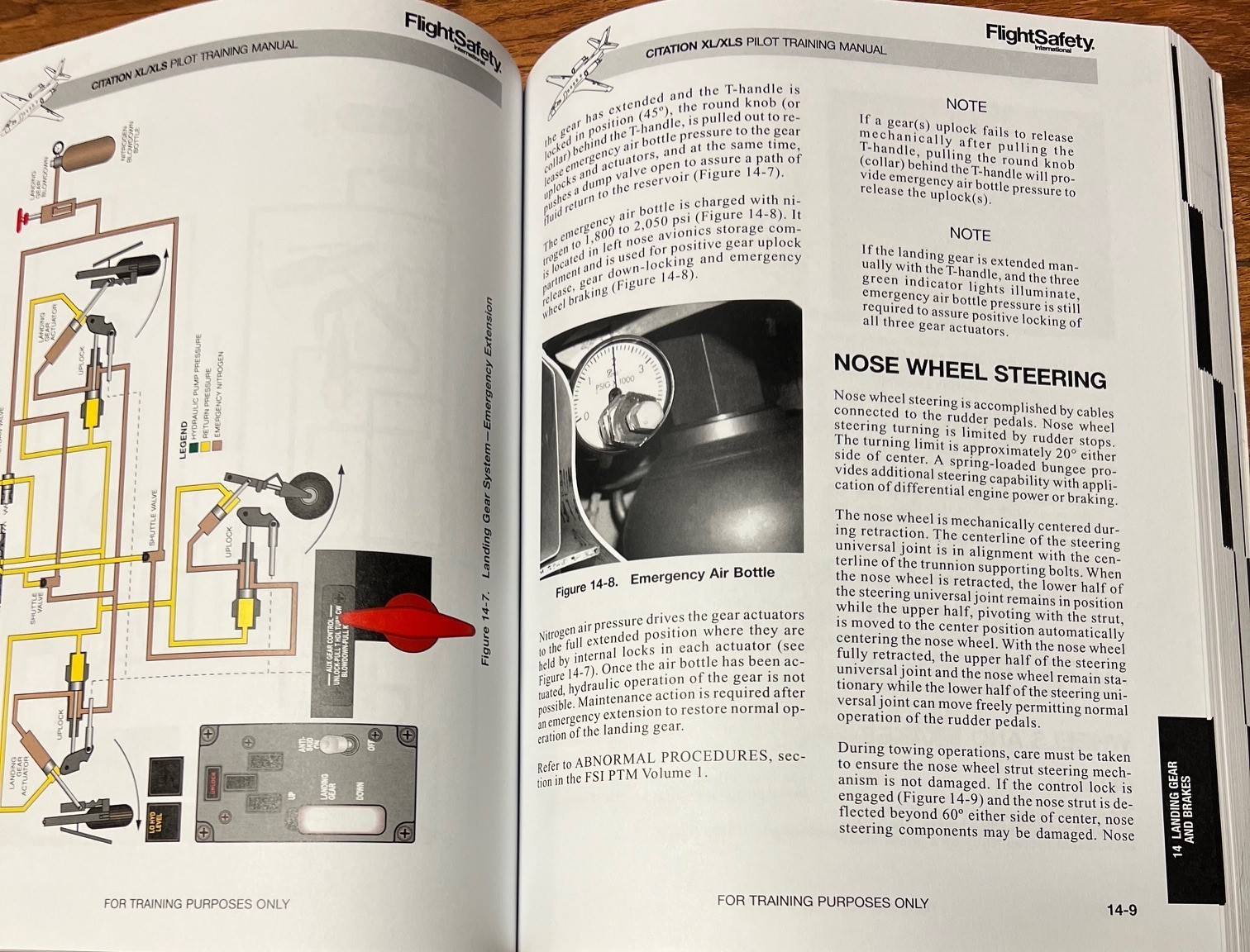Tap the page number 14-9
[1121, 911]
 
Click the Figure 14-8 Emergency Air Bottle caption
[665, 581]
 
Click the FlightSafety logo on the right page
[1039, 36]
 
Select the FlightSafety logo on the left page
[454, 40]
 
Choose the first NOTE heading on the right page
[966, 106]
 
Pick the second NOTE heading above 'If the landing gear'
[970, 234]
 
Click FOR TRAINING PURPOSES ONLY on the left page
[197, 904]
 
